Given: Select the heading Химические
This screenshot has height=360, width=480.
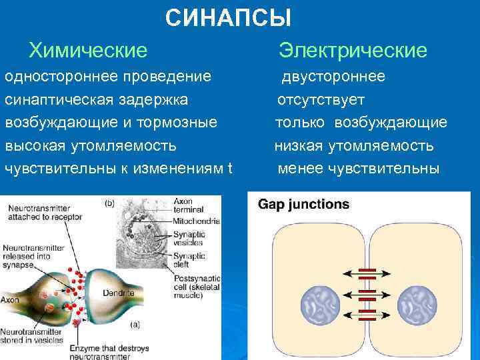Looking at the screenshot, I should pyautogui.click(x=87, y=50).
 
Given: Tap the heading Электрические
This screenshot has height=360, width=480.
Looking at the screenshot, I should pyautogui.click(x=353, y=50).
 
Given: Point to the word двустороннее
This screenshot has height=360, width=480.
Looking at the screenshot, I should pyautogui.click(x=333, y=77).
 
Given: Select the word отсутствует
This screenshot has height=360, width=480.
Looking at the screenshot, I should pyautogui.click(x=321, y=100).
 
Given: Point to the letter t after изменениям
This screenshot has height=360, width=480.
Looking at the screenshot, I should pyautogui.click(x=229, y=168).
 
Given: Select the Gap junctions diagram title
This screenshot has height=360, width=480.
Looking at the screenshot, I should pyautogui.click(x=303, y=204).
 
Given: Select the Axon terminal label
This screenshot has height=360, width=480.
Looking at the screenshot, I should pyautogui.click(x=187, y=205).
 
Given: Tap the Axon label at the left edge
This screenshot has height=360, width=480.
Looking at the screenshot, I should pyautogui.click(x=9, y=300).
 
